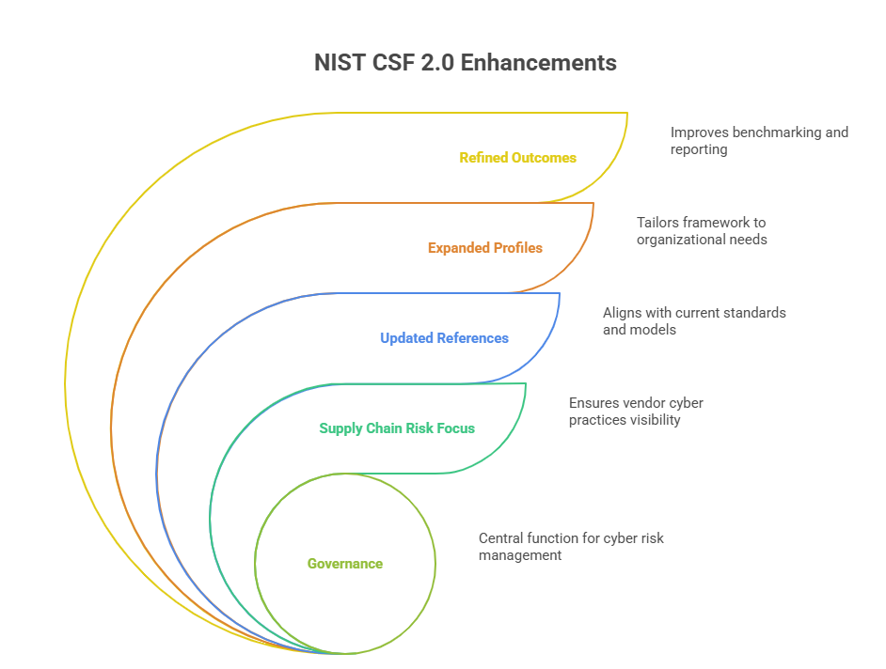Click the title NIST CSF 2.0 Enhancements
click(465, 63)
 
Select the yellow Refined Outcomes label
click(517, 158)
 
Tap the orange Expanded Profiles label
click(484, 248)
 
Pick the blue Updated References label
click(444, 338)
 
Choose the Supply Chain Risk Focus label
click(397, 428)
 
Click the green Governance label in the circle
click(345, 564)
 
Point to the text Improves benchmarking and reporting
click(759, 141)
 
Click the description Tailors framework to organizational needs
click(701, 231)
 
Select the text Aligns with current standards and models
click(693, 321)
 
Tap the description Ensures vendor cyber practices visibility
click(635, 412)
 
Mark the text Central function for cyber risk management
click(571, 547)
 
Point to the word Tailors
click(657, 223)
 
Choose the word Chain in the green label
click(386, 428)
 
